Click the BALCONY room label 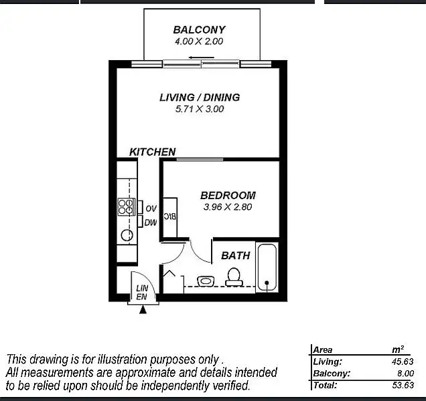tap(199, 29)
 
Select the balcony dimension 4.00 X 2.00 tap(199, 41)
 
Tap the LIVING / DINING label tap(199, 97)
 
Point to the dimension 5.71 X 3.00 tap(199, 109)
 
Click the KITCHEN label tap(152, 152)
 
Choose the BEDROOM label tap(228, 195)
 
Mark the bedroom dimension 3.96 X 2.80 tap(228, 207)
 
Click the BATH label tap(235, 255)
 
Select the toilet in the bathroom tap(234, 276)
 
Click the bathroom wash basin tap(206, 281)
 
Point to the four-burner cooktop tap(126, 207)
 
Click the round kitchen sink tap(125, 234)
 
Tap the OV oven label tap(151, 209)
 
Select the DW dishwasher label tap(151, 223)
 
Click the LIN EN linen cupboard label tap(142, 292)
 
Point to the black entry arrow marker tap(143, 309)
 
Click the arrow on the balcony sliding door tap(196, 57)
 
